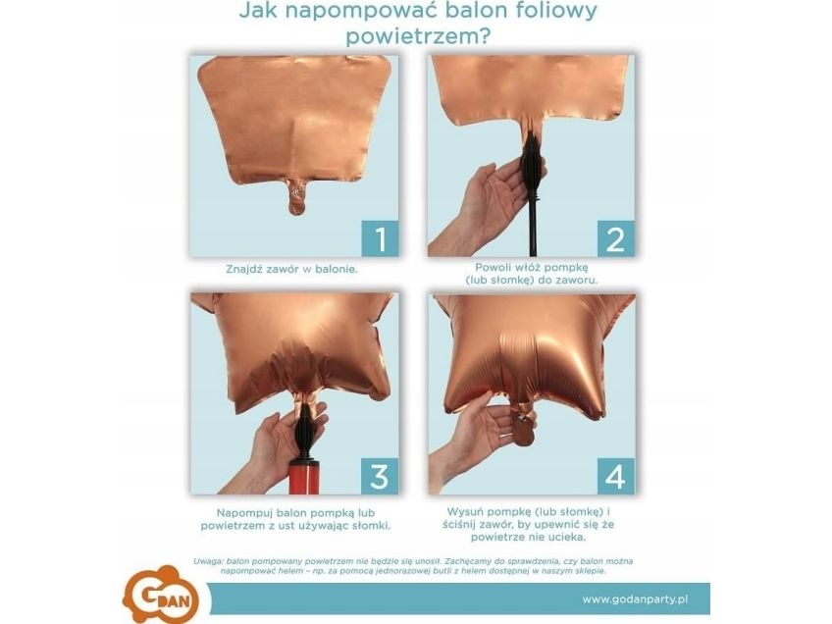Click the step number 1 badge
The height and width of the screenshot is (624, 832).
(380, 238)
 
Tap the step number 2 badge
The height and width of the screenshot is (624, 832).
(615, 238)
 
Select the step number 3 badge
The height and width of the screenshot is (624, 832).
(380, 476)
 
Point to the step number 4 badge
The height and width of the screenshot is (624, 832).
(616, 476)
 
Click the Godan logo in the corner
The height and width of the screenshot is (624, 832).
(161, 595)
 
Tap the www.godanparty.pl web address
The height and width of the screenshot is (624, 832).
(635, 599)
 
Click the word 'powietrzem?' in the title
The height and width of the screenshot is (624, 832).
(418, 37)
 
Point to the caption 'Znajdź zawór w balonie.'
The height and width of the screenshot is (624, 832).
(291, 269)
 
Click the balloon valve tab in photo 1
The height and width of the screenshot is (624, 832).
(297, 196)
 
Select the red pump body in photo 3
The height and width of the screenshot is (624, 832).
(303, 478)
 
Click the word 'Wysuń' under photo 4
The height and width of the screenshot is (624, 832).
(466, 512)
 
